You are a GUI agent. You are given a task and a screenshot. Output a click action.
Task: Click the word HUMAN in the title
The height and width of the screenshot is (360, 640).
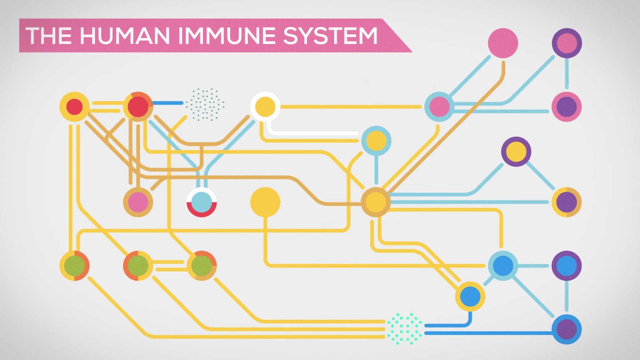tap(124, 36)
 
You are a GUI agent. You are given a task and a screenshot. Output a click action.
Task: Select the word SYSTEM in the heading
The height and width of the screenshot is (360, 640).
tap(330, 36)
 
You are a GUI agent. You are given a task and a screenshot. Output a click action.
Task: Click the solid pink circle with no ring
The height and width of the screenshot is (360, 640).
tap(503, 43)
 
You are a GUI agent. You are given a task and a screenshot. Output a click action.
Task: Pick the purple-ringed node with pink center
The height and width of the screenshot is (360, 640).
tap(566, 43)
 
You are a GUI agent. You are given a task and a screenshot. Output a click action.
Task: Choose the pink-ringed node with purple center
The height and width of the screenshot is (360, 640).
tap(566, 107)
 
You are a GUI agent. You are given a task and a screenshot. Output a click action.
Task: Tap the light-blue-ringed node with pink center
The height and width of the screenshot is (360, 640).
tap(439, 107)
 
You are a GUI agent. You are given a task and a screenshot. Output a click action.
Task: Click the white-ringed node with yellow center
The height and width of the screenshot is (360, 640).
tap(265, 107)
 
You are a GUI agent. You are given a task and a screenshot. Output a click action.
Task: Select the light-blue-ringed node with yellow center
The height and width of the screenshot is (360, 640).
tap(376, 141)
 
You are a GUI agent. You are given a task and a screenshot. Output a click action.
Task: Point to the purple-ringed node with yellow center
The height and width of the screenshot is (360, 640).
tap(516, 152)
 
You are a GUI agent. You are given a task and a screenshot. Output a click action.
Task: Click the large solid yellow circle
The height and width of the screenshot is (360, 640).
tap(265, 202)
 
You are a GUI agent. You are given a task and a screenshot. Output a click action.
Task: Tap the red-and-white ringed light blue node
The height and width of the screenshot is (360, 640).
tap(201, 202)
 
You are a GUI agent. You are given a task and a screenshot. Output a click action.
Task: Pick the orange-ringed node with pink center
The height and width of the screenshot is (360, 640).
tap(138, 202)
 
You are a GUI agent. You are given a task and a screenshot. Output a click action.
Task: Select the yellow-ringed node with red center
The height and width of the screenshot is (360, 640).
tap(74, 107)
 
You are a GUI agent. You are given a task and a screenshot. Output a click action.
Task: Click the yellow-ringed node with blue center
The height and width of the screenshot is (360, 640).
tap(470, 297)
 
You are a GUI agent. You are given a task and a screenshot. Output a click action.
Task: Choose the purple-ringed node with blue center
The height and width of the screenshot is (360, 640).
tap(566, 266)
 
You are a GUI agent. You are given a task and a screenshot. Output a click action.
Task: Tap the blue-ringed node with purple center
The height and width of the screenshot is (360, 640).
tap(566, 329)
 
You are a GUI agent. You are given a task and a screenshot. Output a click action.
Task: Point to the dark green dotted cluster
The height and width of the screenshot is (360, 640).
tap(205, 105)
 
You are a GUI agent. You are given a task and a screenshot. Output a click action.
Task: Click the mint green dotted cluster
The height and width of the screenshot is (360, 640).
tap(404, 329)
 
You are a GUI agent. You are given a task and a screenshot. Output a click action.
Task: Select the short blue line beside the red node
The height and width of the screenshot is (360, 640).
tap(168, 103)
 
